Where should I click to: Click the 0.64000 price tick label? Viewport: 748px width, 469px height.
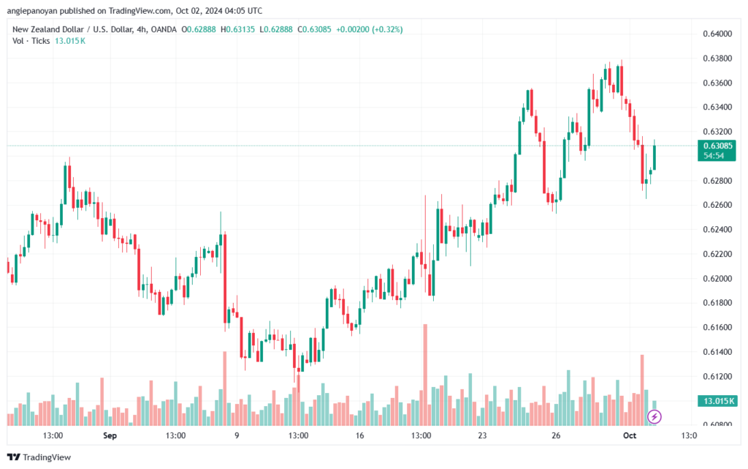point(717,34)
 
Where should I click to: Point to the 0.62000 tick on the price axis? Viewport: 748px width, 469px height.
point(717,279)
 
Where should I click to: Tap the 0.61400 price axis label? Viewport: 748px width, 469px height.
point(717,352)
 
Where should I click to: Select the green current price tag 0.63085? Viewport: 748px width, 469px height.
point(717,151)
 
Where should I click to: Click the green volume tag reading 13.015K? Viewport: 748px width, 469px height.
point(717,401)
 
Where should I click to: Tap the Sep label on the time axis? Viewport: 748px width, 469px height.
point(110,435)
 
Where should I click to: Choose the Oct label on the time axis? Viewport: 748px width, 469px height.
point(630,435)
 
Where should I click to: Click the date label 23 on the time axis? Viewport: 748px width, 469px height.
point(482,435)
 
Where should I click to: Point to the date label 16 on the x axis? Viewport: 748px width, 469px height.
point(359,435)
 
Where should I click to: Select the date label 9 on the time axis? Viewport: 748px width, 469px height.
point(237,435)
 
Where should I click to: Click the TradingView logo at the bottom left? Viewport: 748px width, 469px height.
point(39,457)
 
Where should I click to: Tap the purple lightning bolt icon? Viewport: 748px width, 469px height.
point(654,417)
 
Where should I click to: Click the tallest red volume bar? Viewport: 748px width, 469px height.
point(425,375)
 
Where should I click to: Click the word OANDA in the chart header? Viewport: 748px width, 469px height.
point(164,29)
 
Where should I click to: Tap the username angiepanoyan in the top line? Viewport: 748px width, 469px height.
point(32,10)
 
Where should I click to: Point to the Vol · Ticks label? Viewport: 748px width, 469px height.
point(31,41)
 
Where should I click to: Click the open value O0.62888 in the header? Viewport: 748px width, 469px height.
point(199,29)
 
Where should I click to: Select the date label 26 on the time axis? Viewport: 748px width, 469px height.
point(556,435)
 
